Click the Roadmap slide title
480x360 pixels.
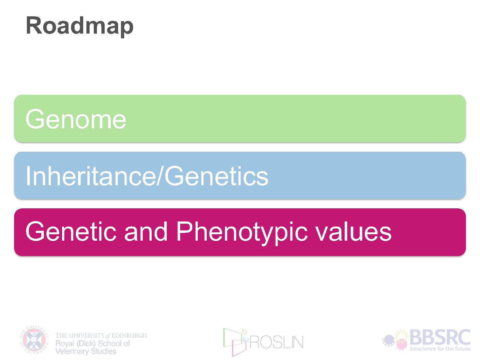[x=80, y=27]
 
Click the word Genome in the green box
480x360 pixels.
[x=76, y=119]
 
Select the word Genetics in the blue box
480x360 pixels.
[x=217, y=176]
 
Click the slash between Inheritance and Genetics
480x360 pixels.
[x=160, y=176]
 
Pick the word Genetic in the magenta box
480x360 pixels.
[x=71, y=231]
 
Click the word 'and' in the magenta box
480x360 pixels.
[x=146, y=231]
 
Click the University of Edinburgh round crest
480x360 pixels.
[x=34, y=340]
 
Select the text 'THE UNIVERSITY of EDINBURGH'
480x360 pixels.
[x=101, y=335]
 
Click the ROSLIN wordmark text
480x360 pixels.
[x=276, y=342]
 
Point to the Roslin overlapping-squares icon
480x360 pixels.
[x=235, y=342]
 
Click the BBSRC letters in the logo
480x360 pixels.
[x=440, y=338]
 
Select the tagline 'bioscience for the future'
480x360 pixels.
[x=440, y=348]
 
